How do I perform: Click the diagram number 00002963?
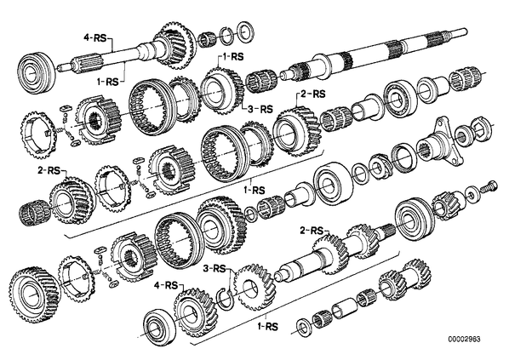click(x=465, y=340)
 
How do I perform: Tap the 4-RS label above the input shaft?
click(x=95, y=38)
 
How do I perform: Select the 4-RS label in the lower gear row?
click(x=166, y=286)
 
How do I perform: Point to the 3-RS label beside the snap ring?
click(x=214, y=268)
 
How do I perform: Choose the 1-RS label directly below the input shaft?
click(x=108, y=83)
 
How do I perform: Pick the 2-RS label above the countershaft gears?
click(x=312, y=231)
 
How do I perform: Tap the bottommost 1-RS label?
click(x=267, y=326)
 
